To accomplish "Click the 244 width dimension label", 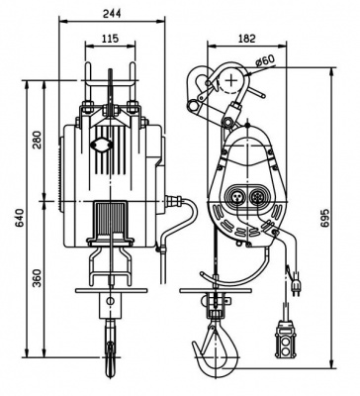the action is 112,14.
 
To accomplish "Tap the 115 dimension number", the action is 110,39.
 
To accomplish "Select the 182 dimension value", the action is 246,39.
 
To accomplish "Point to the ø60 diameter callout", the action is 265,60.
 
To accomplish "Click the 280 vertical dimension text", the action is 39,140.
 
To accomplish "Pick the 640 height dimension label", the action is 21,218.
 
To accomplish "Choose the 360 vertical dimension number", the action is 39,278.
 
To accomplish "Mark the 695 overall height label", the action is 324,218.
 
